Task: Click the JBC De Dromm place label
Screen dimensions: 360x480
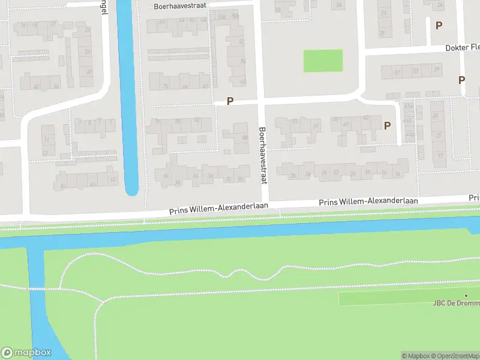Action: tap(456, 303)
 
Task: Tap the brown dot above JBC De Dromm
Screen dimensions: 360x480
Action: tap(466, 295)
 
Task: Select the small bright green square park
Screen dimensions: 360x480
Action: tap(323, 61)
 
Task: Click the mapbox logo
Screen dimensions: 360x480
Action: tap(26, 352)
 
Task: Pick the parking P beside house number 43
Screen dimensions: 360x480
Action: tap(387, 125)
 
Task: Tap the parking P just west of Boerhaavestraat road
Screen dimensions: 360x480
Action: tap(230, 101)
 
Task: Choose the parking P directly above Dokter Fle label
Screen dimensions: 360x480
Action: tap(439, 25)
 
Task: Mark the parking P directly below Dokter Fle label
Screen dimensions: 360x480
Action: tap(461, 80)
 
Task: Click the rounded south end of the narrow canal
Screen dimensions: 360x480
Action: tap(132, 191)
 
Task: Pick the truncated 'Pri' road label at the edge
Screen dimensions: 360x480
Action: tap(474, 197)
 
